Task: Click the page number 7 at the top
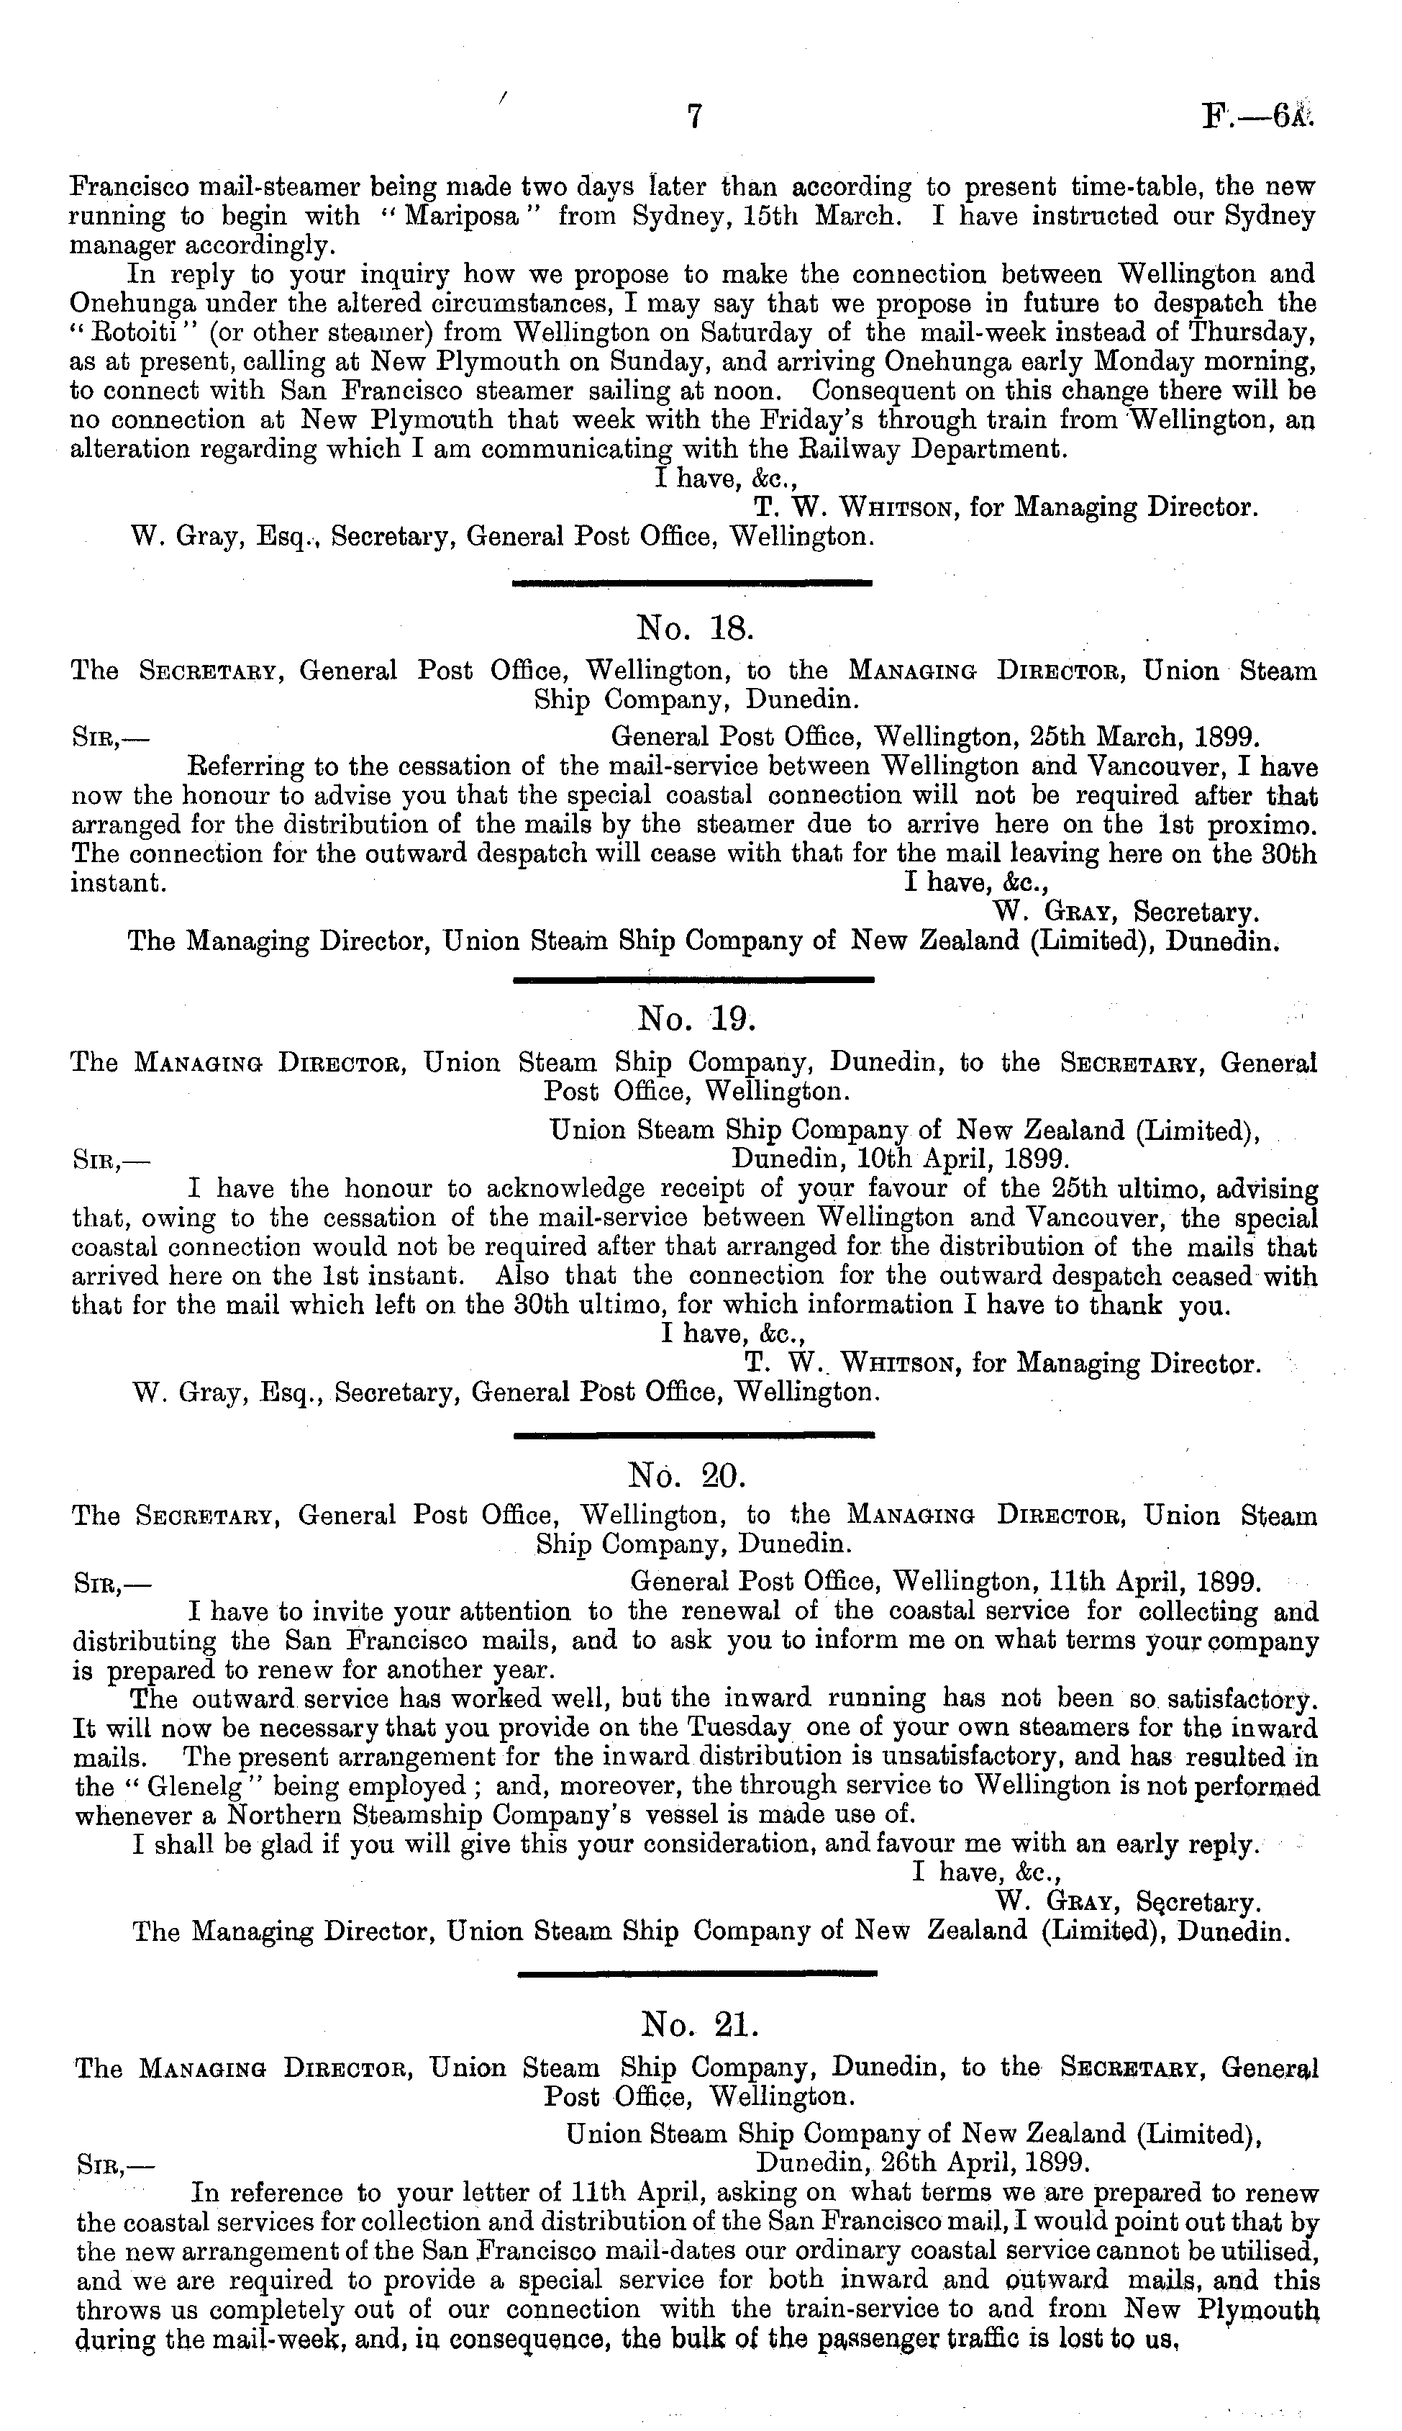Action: click(x=695, y=117)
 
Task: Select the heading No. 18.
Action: click(x=694, y=629)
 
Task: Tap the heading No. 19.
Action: click(x=694, y=1020)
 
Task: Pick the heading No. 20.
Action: click(x=694, y=1472)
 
